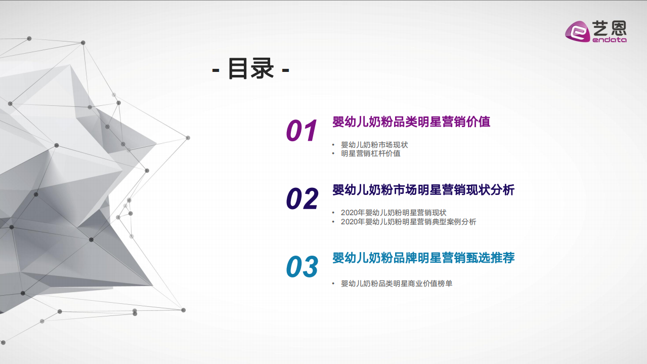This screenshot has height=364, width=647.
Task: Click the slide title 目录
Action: [251, 68]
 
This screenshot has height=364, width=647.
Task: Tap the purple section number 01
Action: [302, 131]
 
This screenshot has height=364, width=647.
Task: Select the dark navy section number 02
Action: [302, 199]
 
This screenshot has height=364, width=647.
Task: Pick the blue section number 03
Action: [302, 267]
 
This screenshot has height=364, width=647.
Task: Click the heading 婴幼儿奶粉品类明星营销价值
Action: [411, 122]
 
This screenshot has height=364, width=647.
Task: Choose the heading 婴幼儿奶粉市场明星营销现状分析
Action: [423, 190]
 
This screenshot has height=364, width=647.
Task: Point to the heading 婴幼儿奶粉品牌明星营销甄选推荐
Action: [423, 258]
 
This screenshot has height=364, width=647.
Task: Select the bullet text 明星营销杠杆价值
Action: [370, 153]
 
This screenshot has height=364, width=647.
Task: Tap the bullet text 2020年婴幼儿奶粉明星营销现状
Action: [393, 213]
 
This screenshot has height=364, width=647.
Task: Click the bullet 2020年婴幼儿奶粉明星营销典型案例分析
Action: [408, 222]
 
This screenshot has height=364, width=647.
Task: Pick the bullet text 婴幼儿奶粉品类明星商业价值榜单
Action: [397, 284]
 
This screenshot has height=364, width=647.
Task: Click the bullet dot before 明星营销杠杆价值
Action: [333, 153]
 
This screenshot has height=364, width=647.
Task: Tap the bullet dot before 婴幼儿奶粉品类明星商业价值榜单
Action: [333, 284]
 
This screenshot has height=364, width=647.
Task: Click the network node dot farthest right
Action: [188, 138]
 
